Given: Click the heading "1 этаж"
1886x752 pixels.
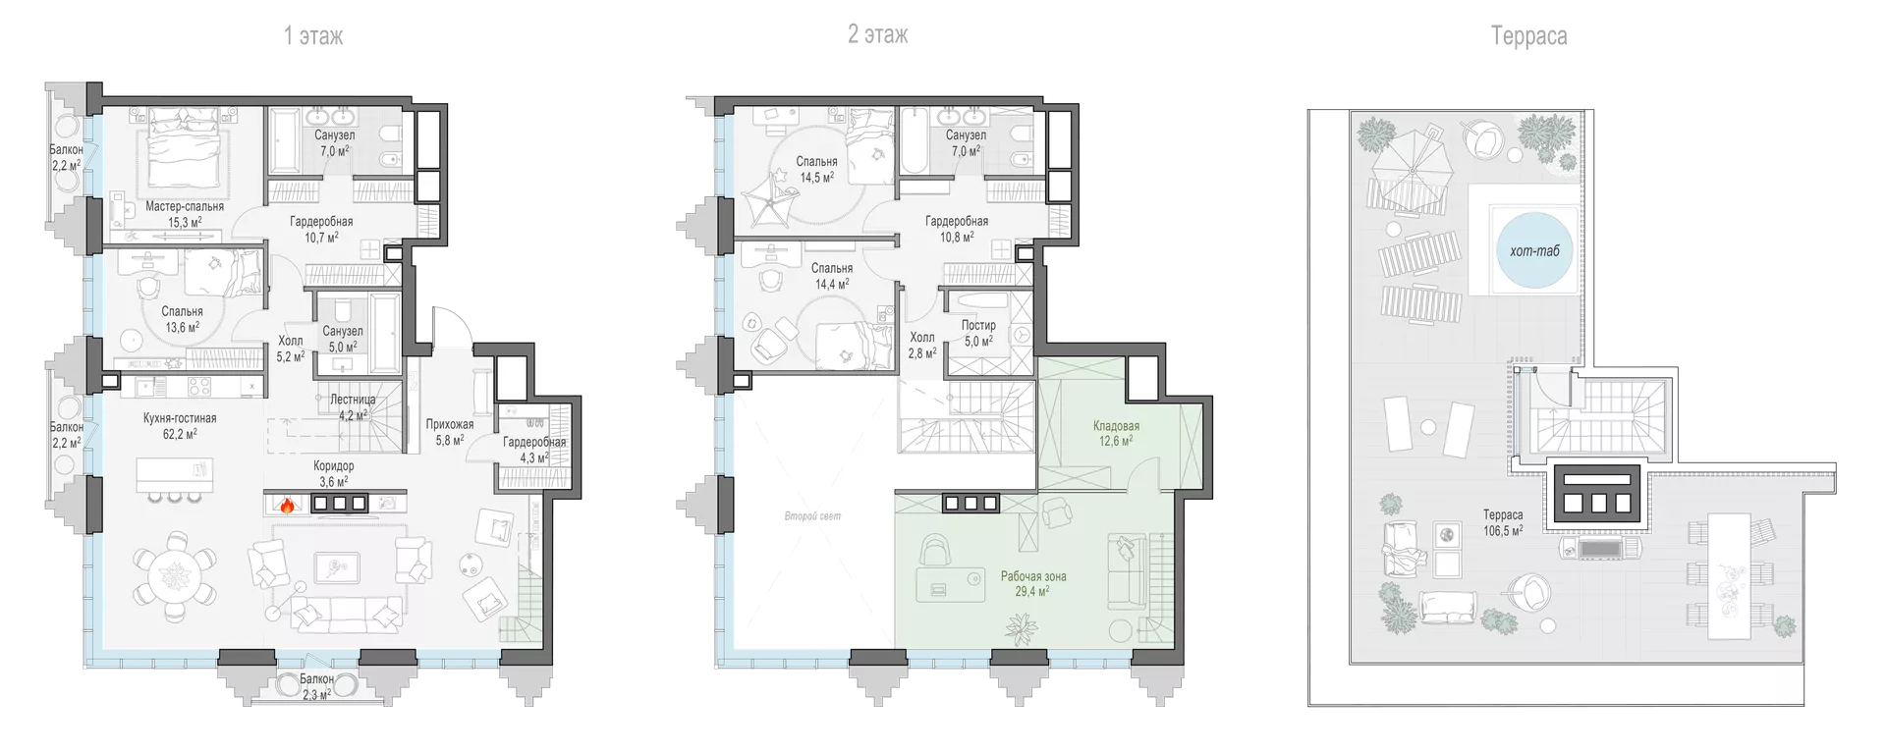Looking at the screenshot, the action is (x=313, y=36).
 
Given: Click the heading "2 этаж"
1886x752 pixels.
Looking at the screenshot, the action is (x=878, y=35).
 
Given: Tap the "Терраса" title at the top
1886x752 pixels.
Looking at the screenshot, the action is (x=1528, y=36).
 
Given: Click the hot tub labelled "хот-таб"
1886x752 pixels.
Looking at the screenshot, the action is (x=1534, y=249).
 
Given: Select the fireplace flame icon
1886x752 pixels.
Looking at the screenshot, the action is (x=286, y=506).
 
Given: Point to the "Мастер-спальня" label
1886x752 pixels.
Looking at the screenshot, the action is (x=185, y=206).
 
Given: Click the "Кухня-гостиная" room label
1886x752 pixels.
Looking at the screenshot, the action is (x=180, y=418).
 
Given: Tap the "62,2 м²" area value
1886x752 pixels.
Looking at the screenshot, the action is (x=180, y=433).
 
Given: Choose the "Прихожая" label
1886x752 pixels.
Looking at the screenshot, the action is (x=450, y=425).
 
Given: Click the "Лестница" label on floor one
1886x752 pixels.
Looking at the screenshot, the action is (x=353, y=400).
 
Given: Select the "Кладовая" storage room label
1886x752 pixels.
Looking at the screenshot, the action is (x=1116, y=426).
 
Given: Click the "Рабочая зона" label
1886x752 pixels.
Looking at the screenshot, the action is (x=1033, y=576).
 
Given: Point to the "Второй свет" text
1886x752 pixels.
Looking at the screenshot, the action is (x=812, y=516).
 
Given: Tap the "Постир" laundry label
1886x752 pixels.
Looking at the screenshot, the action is (x=978, y=325).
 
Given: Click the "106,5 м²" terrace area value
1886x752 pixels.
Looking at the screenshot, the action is (x=1503, y=531).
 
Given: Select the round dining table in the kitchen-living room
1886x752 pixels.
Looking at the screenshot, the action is (x=176, y=573).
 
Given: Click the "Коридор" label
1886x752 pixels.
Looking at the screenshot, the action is (x=334, y=466).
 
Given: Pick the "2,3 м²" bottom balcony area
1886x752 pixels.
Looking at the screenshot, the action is (x=316, y=694).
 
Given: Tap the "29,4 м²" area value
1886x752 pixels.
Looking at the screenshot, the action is (x=1032, y=591).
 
